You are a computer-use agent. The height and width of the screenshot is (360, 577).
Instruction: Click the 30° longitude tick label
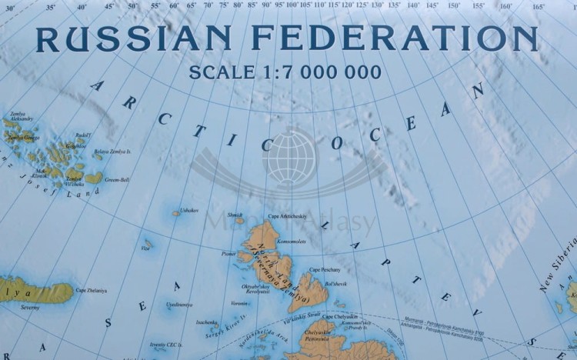[9, 6]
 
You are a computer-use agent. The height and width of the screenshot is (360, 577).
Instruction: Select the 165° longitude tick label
[538, 6]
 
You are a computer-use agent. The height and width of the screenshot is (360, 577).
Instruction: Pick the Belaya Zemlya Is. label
[112, 152]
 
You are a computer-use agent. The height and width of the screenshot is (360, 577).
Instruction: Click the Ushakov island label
[189, 209]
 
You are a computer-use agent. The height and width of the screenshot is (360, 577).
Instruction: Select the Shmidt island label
[235, 215]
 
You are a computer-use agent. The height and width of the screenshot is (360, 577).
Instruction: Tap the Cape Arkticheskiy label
[287, 216]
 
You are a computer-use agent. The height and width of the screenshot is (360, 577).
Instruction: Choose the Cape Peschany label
[325, 269]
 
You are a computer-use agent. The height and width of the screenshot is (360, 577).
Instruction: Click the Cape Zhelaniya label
[91, 290]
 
